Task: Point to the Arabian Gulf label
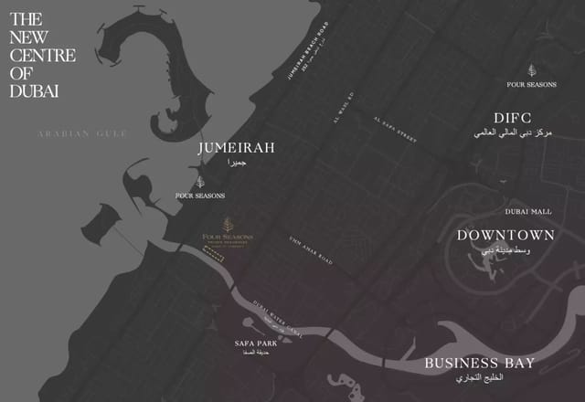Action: [x=82, y=134]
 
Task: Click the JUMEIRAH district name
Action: [x=236, y=147]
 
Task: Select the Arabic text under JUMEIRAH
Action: [x=237, y=162]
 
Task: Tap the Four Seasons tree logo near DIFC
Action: [x=531, y=69]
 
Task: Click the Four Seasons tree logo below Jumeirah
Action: [x=200, y=182]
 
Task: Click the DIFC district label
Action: [x=512, y=118]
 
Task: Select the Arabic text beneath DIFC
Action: [x=513, y=133]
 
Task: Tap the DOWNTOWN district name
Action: [x=505, y=235]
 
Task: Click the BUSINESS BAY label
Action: [x=479, y=363]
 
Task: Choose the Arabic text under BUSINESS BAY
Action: [x=479, y=376]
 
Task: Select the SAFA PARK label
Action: [x=256, y=343]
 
